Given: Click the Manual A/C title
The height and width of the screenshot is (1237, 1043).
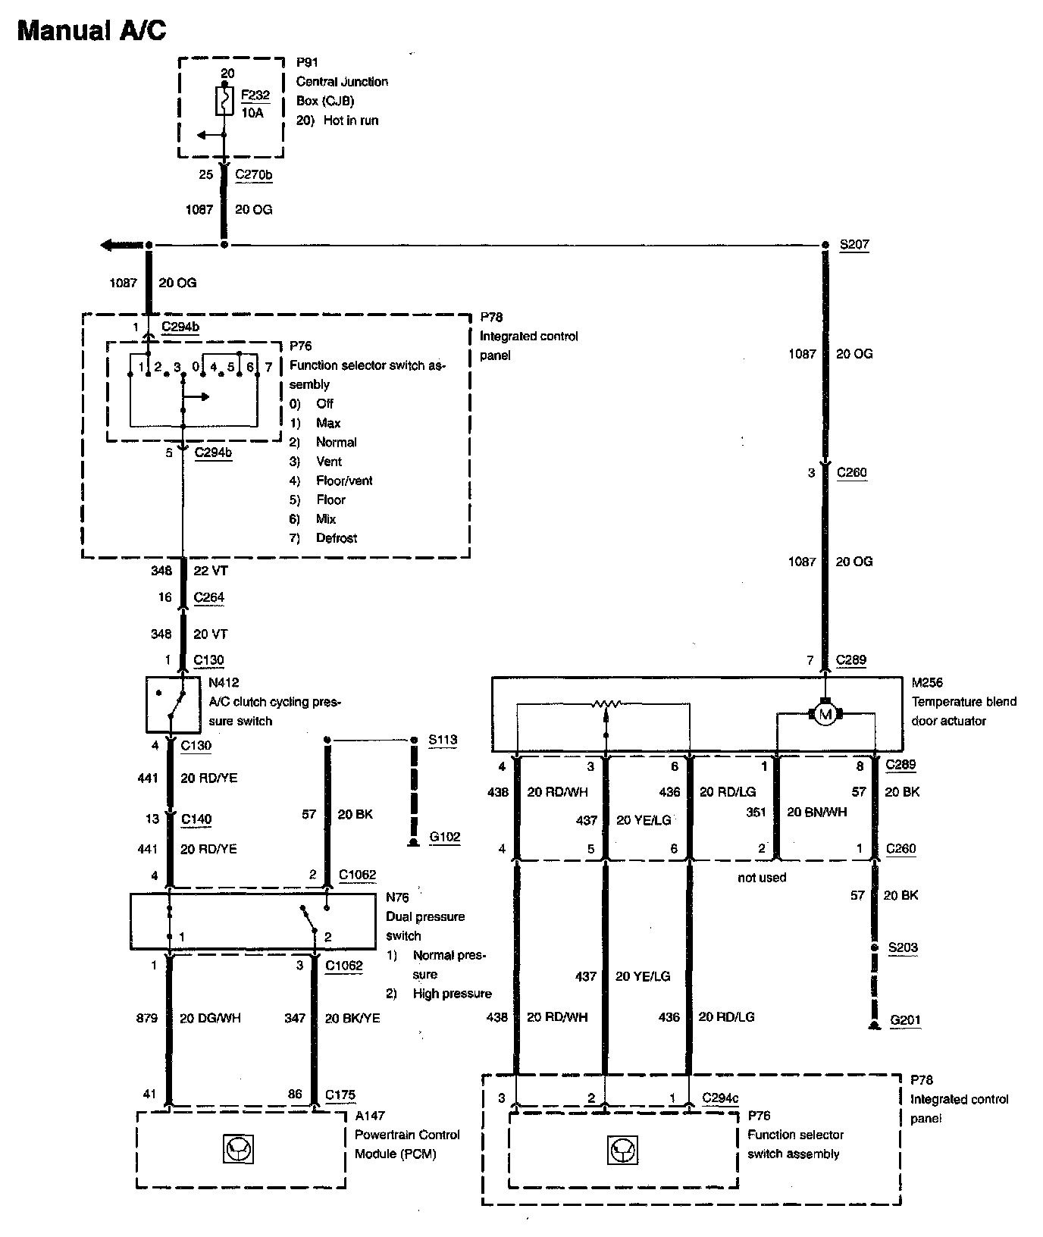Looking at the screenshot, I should (x=91, y=30).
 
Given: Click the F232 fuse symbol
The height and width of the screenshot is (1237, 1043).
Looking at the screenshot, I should (x=224, y=101).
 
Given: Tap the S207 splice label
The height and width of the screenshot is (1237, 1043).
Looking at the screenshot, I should (x=854, y=245).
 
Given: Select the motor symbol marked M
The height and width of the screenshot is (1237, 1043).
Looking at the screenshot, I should (x=825, y=713).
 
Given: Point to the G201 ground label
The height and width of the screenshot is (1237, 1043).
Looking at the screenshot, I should (x=905, y=1019).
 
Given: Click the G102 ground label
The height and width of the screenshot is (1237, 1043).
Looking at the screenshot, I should (x=444, y=837).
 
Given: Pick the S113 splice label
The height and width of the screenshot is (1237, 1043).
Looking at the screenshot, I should (x=443, y=739).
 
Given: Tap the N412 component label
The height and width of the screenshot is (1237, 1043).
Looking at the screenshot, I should (x=224, y=682).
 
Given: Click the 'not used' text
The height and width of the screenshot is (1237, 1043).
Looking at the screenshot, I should (x=762, y=877).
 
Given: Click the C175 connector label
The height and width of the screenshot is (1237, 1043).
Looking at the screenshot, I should (x=340, y=1094).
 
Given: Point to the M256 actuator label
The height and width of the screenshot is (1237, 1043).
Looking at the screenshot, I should (x=927, y=682).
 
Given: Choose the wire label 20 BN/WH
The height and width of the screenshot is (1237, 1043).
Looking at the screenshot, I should (x=817, y=812).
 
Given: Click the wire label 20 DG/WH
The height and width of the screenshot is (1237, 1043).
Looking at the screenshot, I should (x=210, y=1018).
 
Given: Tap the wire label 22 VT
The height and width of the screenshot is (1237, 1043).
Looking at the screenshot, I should (x=210, y=570).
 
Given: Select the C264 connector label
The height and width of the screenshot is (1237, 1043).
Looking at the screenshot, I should (x=209, y=597).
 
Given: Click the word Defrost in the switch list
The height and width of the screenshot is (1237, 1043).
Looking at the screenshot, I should (x=337, y=538).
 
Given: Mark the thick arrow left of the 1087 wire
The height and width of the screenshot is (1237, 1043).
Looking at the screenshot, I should (x=121, y=245).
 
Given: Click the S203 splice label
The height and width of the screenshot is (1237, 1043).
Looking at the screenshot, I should (x=903, y=947).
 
